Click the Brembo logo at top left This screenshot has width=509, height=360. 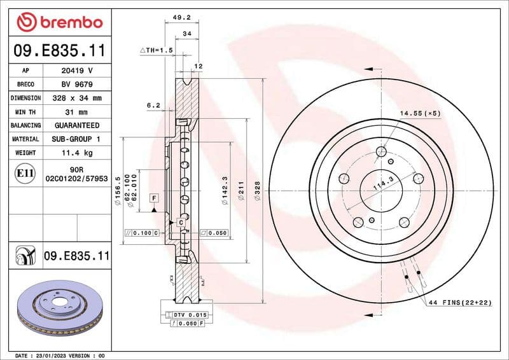(x=59, y=22)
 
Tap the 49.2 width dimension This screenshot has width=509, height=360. (x=187, y=18)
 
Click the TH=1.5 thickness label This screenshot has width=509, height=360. (x=157, y=49)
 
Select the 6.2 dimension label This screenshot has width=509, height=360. (x=153, y=105)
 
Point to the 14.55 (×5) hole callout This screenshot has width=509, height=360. (x=421, y=113)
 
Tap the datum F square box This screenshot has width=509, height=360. (x=153, y=198)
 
